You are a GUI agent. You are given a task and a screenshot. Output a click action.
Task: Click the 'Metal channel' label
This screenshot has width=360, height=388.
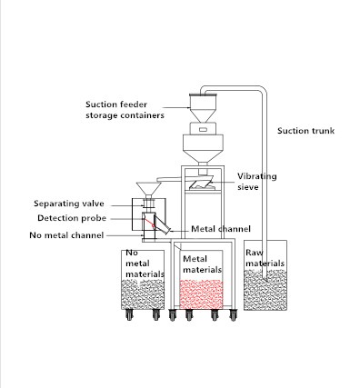pos(221,228)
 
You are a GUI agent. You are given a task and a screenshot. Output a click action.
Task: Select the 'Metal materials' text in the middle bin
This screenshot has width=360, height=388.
pos(202,264)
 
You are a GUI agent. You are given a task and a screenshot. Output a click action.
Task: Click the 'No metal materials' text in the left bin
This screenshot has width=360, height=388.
pos(145,264)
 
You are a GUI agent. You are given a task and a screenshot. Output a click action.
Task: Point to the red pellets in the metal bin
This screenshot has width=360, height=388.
pos(202,293)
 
